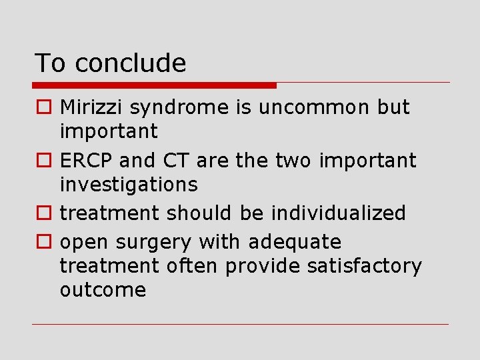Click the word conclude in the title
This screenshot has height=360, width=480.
point(131,63)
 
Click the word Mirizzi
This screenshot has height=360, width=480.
point(93,107)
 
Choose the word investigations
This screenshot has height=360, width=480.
point(129,185)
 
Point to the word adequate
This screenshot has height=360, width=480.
point(295,242)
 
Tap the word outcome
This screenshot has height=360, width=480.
point(103,290)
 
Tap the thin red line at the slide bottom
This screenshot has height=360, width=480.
point(241,325)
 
